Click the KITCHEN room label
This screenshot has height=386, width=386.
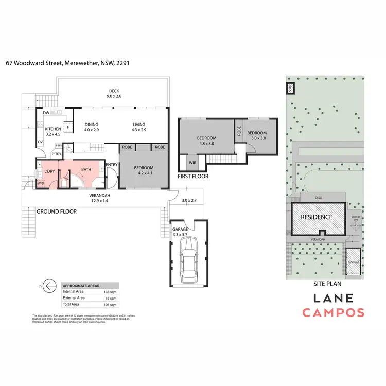(53, 129)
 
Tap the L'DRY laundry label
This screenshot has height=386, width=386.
(50, 171)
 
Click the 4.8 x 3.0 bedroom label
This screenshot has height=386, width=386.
(206, 141)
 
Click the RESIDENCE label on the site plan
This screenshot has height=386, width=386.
(316, 217)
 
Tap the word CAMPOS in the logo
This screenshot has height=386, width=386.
(333, 312)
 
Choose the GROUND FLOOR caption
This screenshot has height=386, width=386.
(56, 212)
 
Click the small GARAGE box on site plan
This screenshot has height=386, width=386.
(354, 262)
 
